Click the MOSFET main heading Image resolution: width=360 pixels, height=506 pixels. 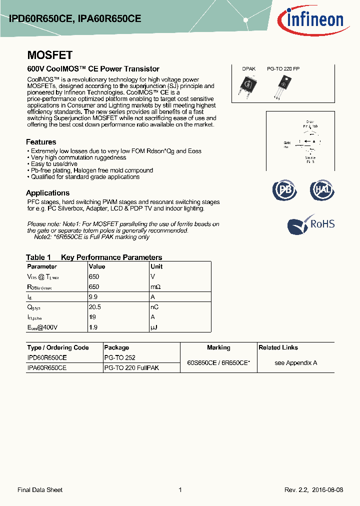click(x=49, y=55)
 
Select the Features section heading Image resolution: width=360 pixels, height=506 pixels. click(x=41, y=142)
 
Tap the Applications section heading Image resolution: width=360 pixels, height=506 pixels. click(x=47, y=193)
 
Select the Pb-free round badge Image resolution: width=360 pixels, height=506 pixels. click(x=284, y=190)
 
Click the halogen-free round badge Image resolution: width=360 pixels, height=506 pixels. click(x=321, y=190)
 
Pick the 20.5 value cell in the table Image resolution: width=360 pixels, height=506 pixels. click(x=94, y=307)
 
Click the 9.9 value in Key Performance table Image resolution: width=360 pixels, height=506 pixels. click(x=92, y=297)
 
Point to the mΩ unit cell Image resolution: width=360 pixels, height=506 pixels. click(x=155, y=287)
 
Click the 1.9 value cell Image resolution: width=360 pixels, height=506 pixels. click(x=92, y=327)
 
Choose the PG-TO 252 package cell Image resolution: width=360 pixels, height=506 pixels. click(x=119, y=357)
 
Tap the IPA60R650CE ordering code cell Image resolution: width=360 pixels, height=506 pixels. click(x=46, y=367)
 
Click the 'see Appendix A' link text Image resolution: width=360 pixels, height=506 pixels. click(x=295, y=362)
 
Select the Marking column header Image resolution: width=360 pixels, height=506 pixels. click(x=218, y=347)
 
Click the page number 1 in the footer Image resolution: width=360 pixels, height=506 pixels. click(x=180, y=490)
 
